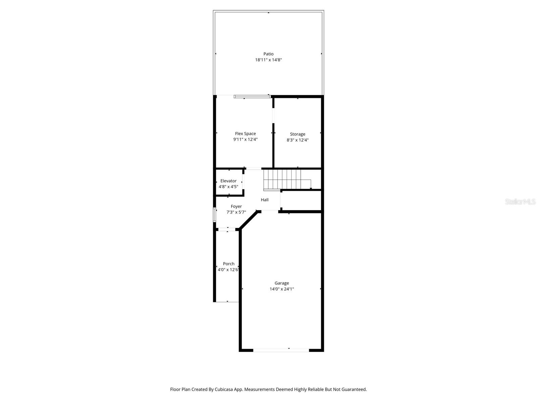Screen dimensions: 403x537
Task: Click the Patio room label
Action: click(x=268, y=54)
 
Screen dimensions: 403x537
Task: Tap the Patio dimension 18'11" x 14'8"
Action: click(x=268, y=60)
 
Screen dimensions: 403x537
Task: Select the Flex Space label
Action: click(x=245, y=134)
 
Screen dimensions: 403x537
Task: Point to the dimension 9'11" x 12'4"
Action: click(x=245, y=139)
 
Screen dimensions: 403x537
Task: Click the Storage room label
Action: click(x=297, y=134)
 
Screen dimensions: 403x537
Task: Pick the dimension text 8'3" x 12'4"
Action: click(x=297, y=140)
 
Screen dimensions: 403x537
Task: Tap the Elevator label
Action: click(x=228, y=181)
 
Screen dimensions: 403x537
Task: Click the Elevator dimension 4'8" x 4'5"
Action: click(x=228, y=186)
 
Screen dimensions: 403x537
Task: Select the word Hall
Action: click(x=264, y=200)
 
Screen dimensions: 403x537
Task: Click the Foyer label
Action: click(x=236, y=207)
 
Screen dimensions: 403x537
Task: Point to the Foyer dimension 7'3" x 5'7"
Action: click(x=236, y=212)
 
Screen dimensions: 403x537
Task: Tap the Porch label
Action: click(x=229, y=264)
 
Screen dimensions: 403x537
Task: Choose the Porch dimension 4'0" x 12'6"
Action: click(x=228, y=270)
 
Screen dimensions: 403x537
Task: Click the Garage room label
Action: click(x=282, y=283)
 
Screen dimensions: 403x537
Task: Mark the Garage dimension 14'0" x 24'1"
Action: click(x=282, y=289)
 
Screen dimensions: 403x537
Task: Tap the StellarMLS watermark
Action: click(x=520, y=202)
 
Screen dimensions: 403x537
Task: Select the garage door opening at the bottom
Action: click(x=281, y=350)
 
